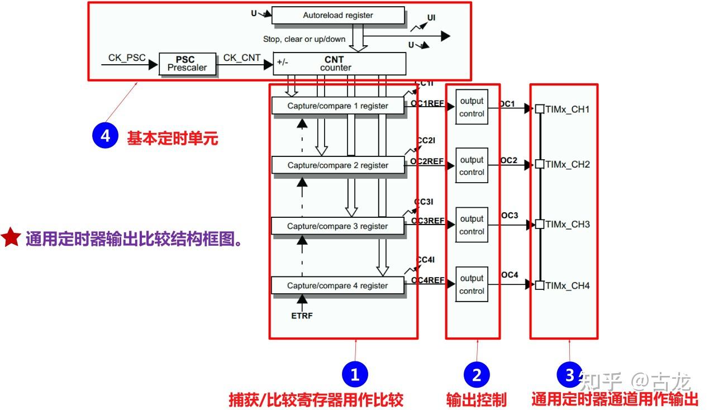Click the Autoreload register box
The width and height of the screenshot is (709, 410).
[337, 15]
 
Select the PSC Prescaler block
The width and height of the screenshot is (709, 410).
[187, 64]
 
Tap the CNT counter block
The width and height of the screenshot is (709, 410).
[339, 64]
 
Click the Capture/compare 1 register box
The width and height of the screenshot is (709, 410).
[337, 106]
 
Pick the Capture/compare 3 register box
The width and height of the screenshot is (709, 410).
[337, 226]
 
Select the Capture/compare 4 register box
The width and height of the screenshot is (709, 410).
[337, 285]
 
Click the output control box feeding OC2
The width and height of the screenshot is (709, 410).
[472, 166]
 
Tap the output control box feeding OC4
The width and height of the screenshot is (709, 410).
[472, 284]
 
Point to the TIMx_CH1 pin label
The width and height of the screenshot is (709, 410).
[567, 109]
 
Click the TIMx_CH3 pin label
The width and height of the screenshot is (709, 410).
[567, 225]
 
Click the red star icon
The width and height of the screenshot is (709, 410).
[11, 238]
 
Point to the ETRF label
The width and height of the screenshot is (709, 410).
[302, 316]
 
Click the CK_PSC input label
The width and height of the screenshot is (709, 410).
[127, 58]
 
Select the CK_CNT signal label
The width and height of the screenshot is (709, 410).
[242, 58]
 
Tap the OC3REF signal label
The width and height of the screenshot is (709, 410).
[427, 221]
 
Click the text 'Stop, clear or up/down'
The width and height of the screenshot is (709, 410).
[304, 39]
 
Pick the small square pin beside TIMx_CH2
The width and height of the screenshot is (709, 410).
[539, 164]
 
